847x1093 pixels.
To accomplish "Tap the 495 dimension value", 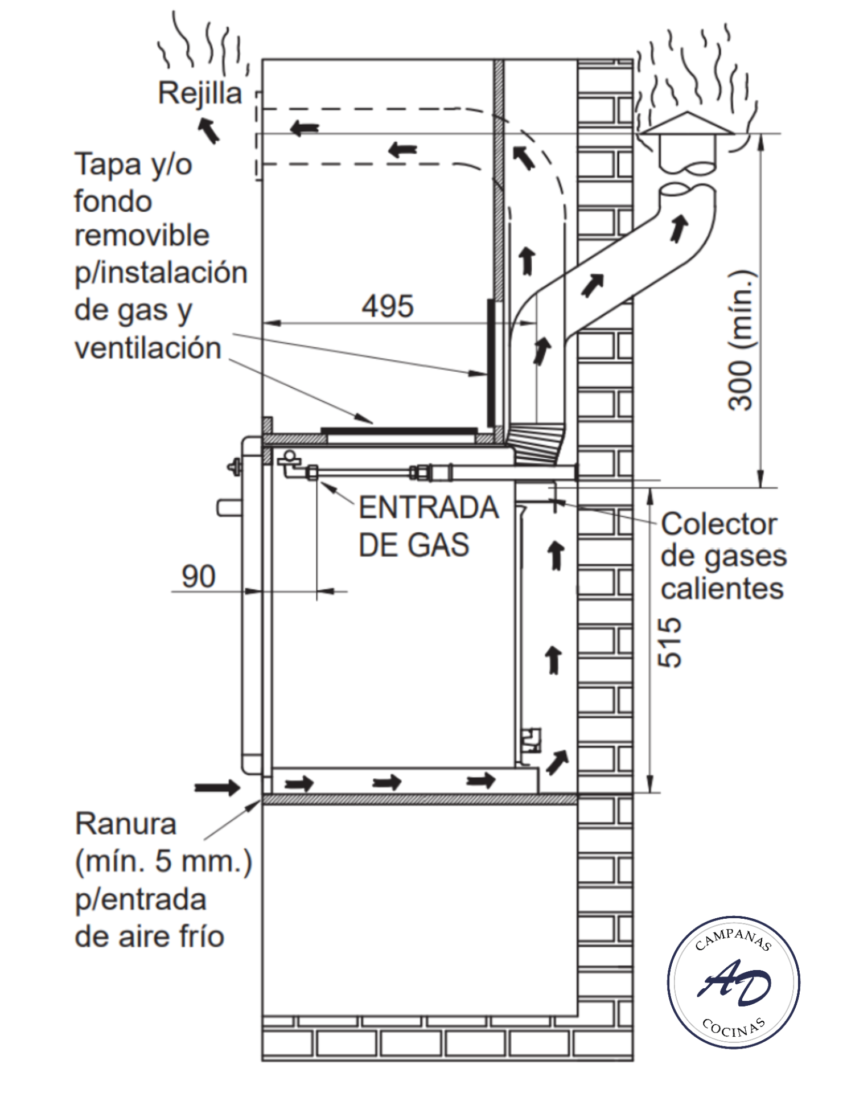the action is (x=388, y=306).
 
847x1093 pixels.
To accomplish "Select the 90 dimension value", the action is (x=198, y=576).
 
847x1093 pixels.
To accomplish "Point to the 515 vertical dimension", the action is (x=669, y=642).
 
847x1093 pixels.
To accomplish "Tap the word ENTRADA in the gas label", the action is (x=429, y=507).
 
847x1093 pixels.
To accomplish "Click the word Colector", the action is (x=719, y=524).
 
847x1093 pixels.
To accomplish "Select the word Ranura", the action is (x=126, y=824).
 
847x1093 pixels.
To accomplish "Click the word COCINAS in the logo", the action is (x=733, y=1026).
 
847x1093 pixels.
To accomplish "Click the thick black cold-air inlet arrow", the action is (x=217, y=788).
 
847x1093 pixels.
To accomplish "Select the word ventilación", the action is (x=148, y=348).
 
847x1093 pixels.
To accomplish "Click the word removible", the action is (x=142, y=236).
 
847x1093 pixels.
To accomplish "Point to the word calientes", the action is (x=722, y=588).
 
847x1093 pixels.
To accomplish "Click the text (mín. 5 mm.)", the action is (x=163, y=861).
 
